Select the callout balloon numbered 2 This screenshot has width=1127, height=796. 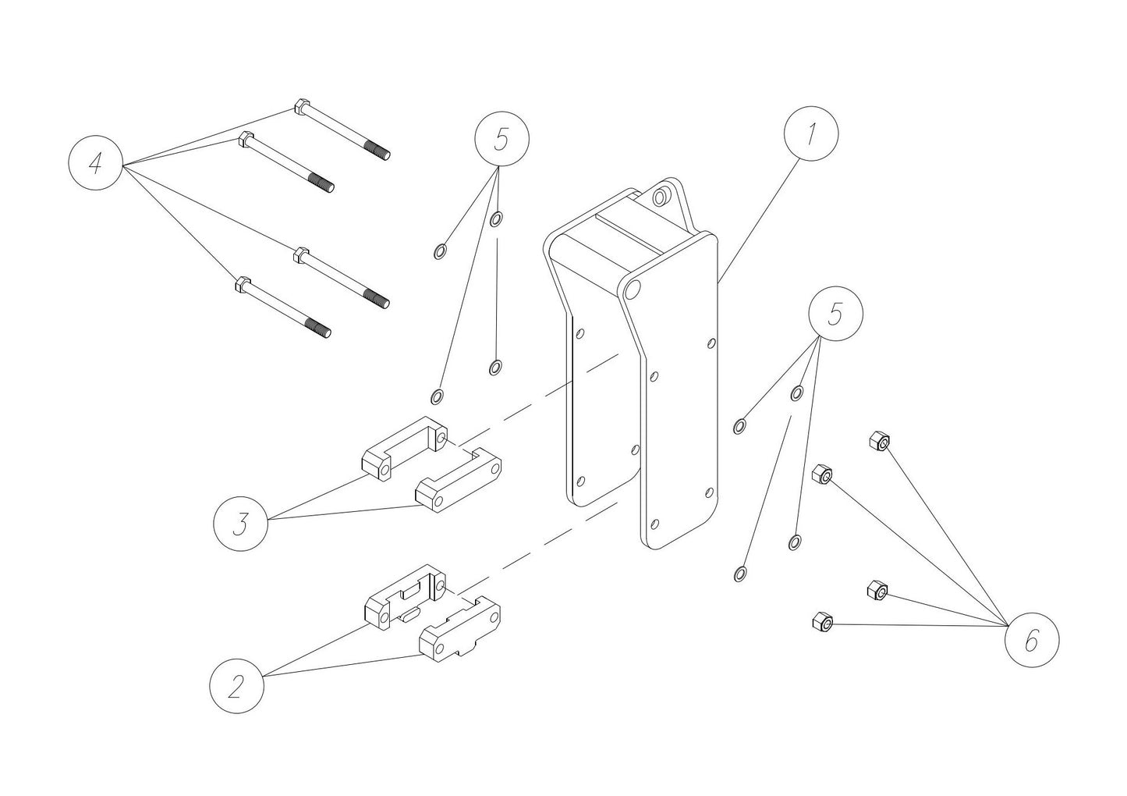click(x=236, y=687)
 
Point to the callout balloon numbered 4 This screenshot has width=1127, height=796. click(x=95, y=164)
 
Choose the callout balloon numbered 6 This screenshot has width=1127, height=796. click(x=1031, y=641)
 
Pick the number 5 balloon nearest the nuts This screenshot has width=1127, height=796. click(x=835, y=314)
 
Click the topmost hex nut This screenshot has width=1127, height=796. click(x=879, y=442)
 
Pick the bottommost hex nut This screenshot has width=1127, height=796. click(x=821, y=622)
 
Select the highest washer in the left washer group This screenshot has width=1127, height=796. click(x=497, y=219)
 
